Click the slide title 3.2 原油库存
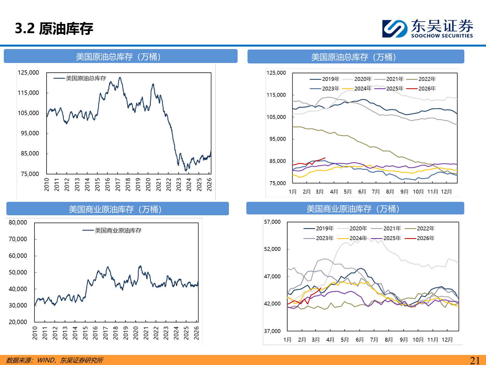tap(54, 28)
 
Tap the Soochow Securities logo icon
tap(395, 28)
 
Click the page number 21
tap(475, 360)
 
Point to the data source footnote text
tap(55, 360)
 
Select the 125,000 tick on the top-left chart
tap(28, 73)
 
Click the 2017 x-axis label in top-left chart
tap(118, 185)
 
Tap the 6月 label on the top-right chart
tap(362, 192)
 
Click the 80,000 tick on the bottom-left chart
tap(18, 222)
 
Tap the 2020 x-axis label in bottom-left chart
tap(136, 333)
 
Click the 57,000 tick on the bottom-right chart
tap(272, 222)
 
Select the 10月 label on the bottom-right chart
tap(418, 340)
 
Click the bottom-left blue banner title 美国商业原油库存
tap(115, 210)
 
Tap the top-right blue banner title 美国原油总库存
tap(353, 57)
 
